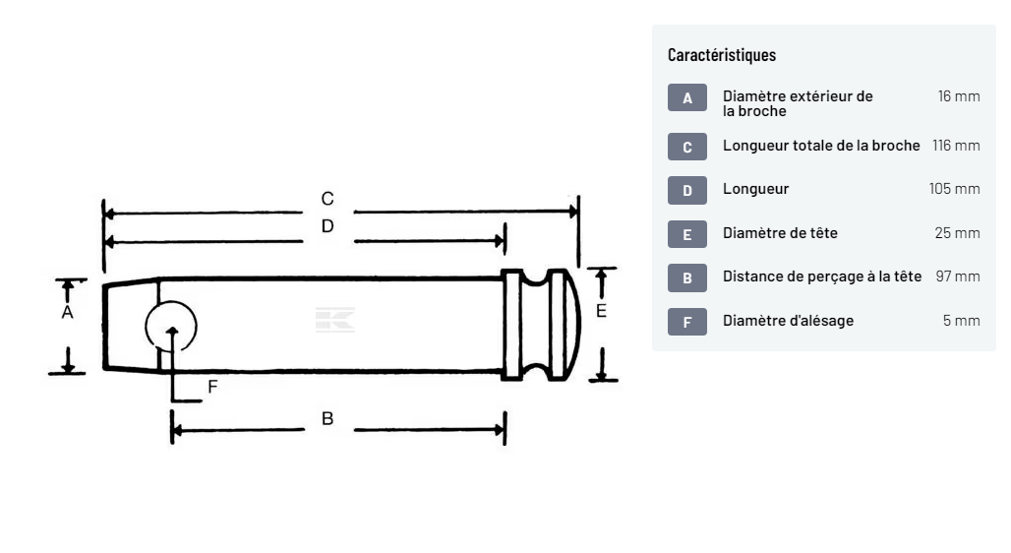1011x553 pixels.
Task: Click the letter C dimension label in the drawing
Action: (327, 199)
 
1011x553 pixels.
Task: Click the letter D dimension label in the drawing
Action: (327, 226)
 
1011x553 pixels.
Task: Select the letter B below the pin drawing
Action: (327, 419)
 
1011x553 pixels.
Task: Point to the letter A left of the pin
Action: (67, 312)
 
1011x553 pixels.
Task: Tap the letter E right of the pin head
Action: (602, 311)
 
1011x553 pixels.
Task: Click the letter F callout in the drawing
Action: (212, 388)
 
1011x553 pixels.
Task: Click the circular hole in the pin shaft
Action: (171, 326)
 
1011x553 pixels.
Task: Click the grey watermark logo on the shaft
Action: (334, 320)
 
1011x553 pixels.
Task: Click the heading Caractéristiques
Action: (721, 55)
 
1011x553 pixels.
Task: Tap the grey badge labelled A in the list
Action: (687, 98)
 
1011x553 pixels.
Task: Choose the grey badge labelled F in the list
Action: (687, 322)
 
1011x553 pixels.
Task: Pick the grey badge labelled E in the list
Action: (687, 234)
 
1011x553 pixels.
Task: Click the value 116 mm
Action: (956, 146)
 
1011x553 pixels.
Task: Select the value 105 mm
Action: (954, 189)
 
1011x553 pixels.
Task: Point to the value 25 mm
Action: (957, 233)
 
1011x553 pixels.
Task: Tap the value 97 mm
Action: (958, 276)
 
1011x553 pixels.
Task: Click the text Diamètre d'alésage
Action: (788, 321)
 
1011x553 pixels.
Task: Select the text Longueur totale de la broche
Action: (821, 146)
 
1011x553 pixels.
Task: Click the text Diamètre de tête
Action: (780, 233)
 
